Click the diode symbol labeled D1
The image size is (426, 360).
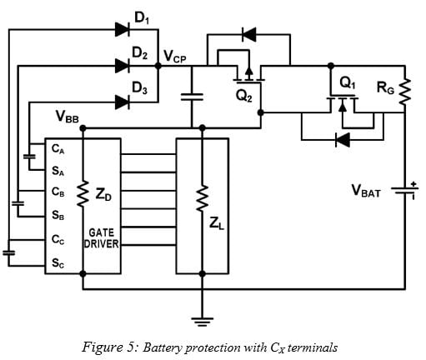coord(123,30)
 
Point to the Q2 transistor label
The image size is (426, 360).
coord(245,98)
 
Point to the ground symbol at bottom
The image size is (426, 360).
coord(202,317)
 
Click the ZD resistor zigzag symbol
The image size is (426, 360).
coord(83,197)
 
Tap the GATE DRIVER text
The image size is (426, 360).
coord(101,239)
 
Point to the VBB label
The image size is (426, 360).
coord(68,117)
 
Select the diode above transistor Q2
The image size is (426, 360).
coord(248,35)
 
